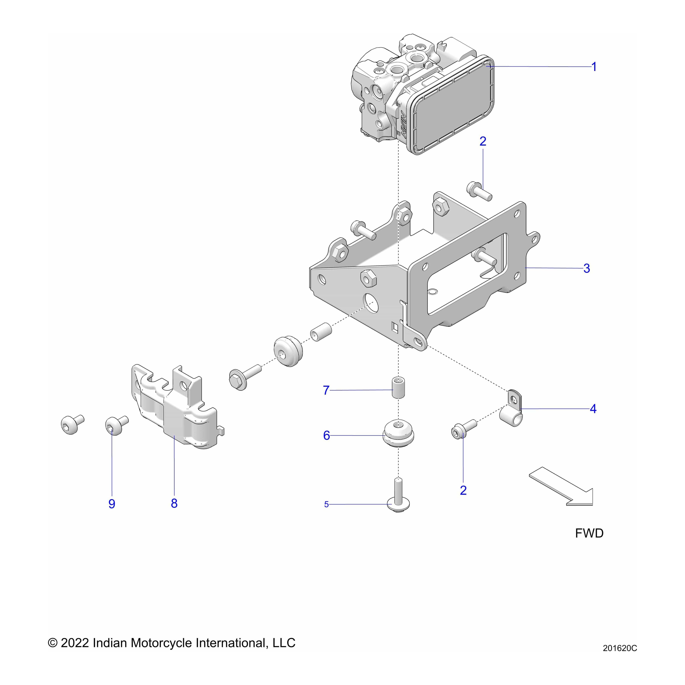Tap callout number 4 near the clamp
593,409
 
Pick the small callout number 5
326,504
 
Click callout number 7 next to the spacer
326,390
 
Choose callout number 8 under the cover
174,503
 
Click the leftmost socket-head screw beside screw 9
72,424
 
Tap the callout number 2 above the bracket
483,141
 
